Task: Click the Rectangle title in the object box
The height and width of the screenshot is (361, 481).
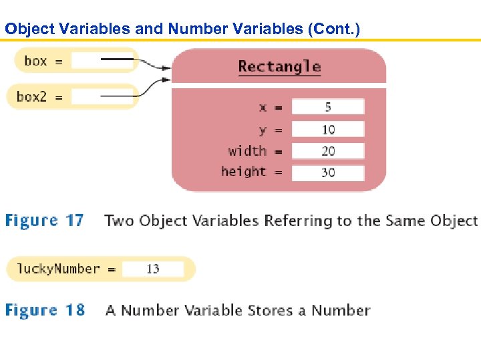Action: coord(279,66)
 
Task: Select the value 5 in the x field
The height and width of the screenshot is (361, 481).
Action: coord(328,107)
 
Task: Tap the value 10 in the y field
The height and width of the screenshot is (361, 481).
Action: coord(328,129)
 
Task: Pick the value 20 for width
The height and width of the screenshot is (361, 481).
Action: coord(328,151)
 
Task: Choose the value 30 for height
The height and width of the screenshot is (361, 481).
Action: coord(328,172)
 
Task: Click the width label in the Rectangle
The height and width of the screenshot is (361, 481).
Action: coord(247,151)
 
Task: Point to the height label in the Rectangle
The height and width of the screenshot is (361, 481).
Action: coord(243,172)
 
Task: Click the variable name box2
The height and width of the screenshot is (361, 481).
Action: coord(31,97)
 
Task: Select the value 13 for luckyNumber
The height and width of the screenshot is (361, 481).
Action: coord(153,269)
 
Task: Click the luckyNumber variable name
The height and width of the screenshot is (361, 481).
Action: coord(58,269)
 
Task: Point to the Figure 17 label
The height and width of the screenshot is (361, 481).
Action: coord(45,221)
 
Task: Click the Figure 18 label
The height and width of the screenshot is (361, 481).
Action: coord(45,310)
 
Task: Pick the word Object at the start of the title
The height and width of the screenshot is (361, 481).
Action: coord(25,29)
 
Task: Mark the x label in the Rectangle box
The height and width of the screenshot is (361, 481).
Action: coord(263,107)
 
